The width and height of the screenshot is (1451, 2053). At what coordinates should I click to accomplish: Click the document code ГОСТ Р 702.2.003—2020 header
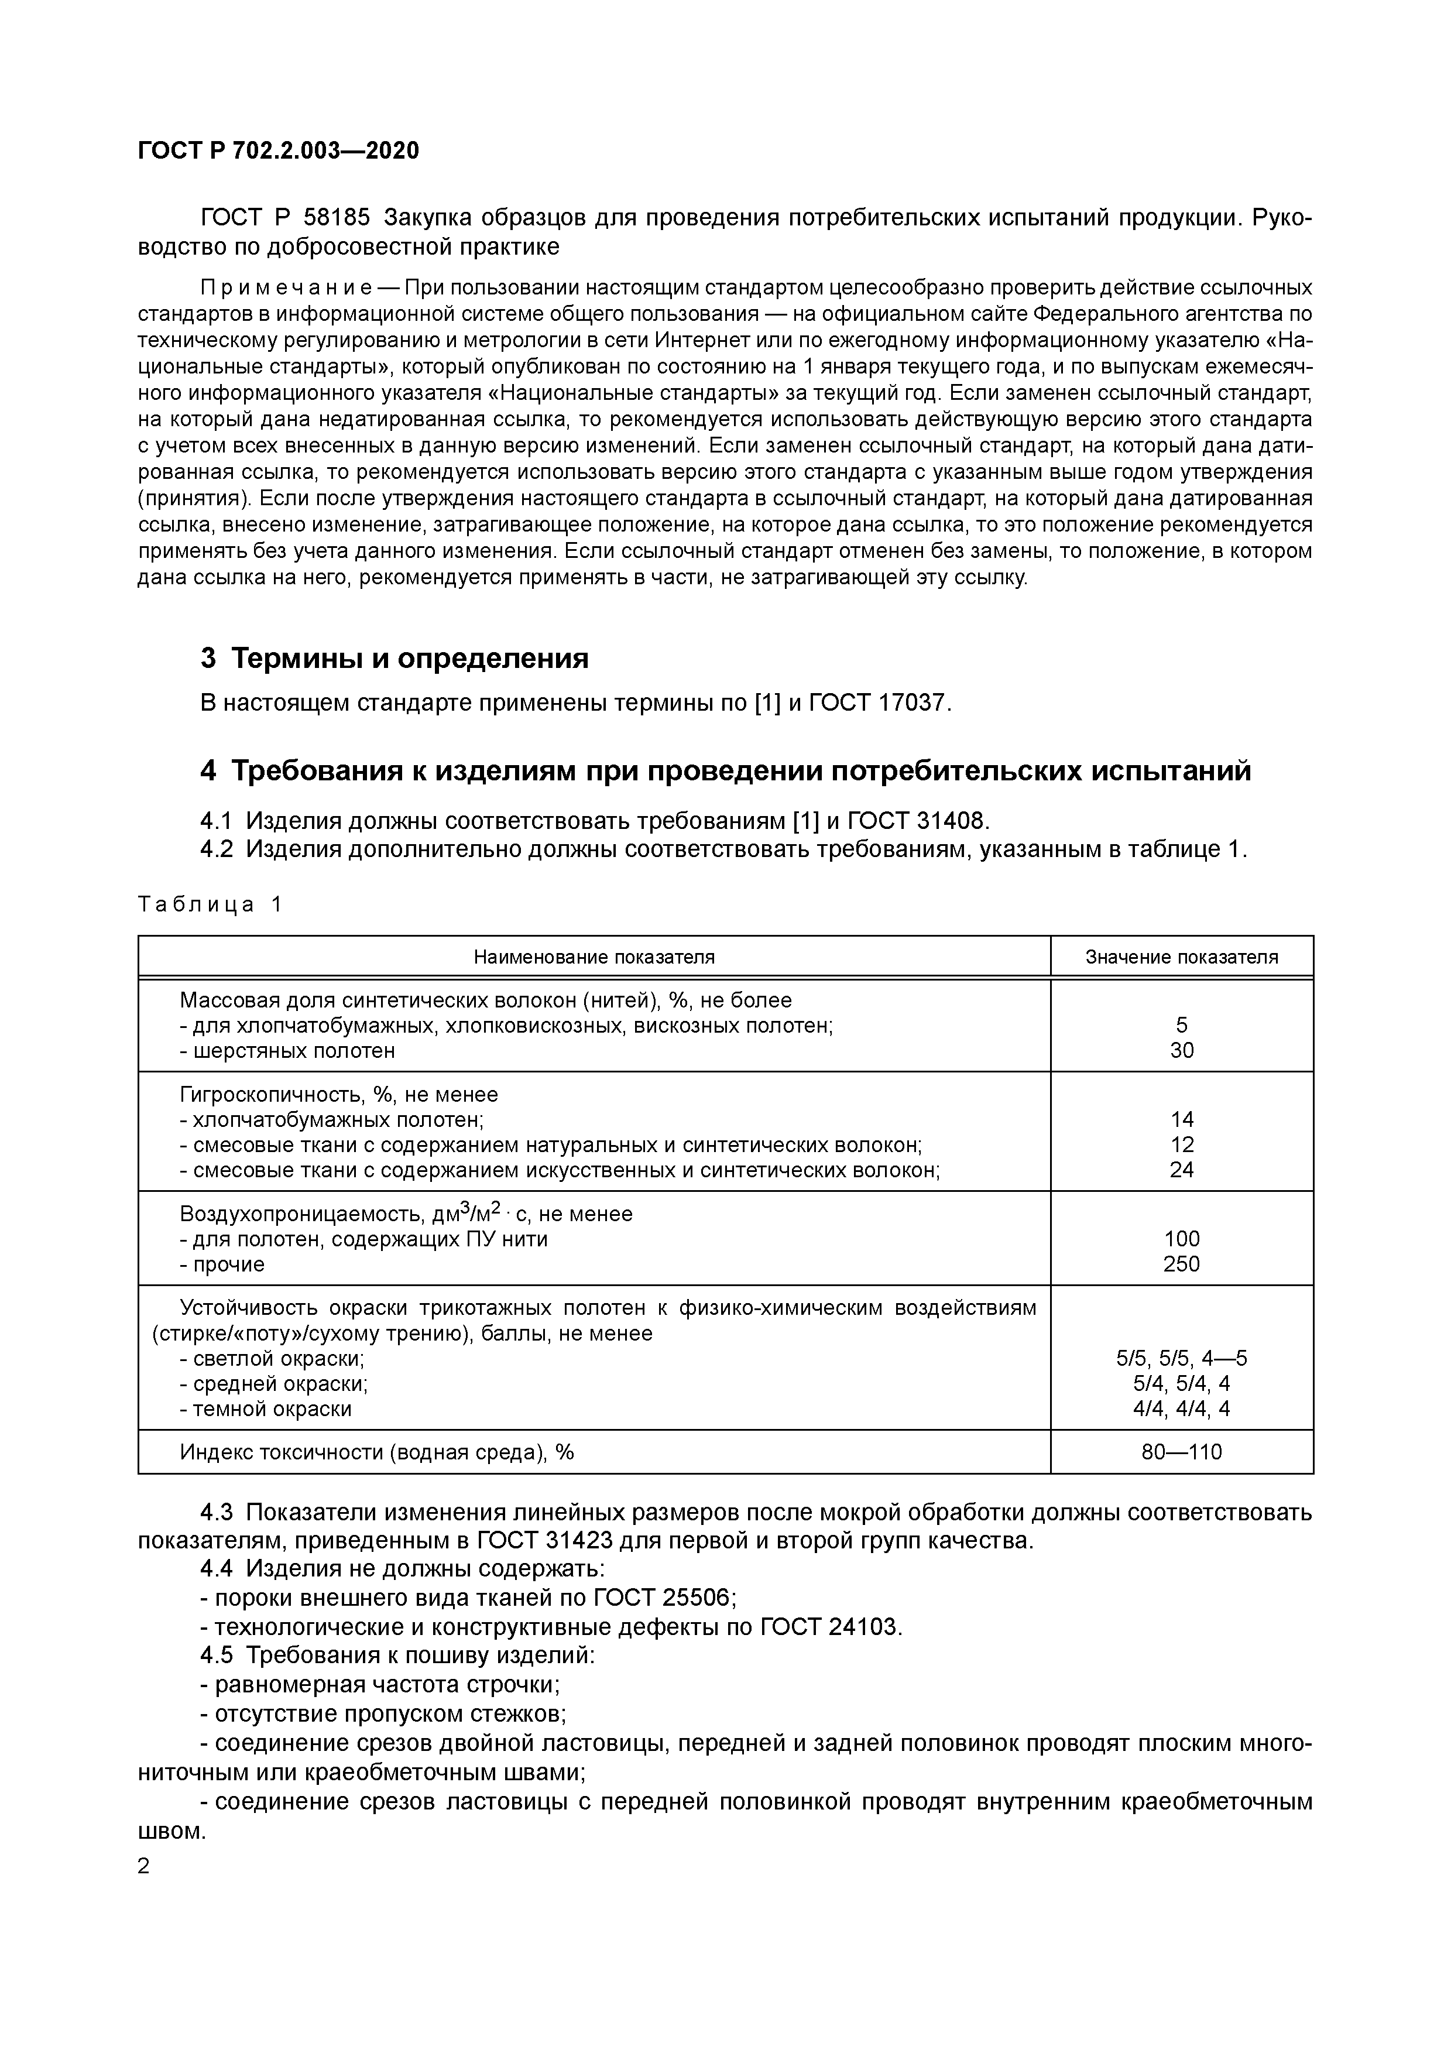(x=278, y=151)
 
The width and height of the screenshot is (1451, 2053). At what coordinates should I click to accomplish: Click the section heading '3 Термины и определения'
(x=395, y=658)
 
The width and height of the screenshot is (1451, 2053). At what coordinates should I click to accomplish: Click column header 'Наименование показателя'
(x=594, y=957)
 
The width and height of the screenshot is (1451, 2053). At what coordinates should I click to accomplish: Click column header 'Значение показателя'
(x=1181, y=957)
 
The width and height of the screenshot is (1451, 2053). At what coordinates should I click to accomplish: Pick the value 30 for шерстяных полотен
(x=1181, y=1051)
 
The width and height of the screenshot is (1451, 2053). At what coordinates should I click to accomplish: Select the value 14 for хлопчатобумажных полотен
(x=1181, y=1119)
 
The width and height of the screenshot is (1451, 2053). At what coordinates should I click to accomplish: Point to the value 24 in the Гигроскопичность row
(x=1181, y=1170)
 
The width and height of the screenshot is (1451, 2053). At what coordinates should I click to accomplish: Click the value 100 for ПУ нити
(x=1181, y=1239)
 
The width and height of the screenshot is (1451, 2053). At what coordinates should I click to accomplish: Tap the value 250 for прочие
(x=1181, y=1263)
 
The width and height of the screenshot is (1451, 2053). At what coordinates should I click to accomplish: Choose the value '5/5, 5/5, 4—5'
(x=1181, y=1358)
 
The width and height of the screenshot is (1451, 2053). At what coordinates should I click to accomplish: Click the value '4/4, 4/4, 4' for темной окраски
(x=1181, y=1408)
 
